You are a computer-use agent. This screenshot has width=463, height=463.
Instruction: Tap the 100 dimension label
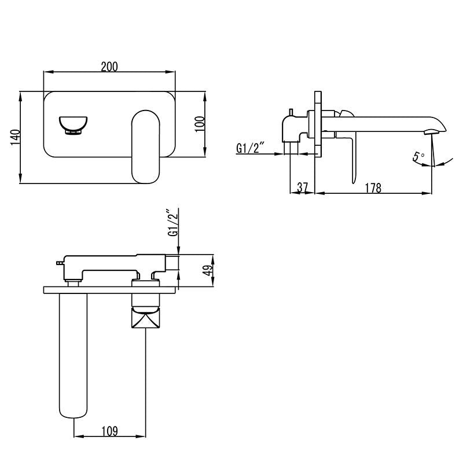199,124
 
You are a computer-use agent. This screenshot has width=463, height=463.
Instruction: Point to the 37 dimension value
302,188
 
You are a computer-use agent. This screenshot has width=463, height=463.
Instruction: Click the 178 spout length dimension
373,188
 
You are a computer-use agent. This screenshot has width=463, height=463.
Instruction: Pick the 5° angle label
418,156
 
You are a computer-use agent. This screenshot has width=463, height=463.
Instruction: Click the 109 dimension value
110,431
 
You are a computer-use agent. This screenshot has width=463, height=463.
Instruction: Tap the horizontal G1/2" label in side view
250,149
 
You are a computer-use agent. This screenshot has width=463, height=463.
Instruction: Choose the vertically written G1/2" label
172,223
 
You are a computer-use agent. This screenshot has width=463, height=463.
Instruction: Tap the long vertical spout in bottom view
73,353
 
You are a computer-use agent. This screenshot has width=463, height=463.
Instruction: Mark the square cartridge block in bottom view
145,319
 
